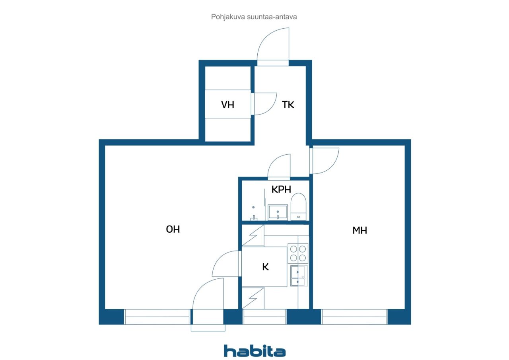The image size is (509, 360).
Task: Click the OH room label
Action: (x=173, y=229)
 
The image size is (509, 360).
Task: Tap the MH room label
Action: (x=360, y=230)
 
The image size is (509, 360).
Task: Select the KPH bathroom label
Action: (x=281, y=189)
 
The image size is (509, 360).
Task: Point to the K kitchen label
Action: (x=265, y=267)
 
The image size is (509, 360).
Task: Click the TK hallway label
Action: (x=288, y=105)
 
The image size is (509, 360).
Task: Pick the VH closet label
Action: (x=227, y=105)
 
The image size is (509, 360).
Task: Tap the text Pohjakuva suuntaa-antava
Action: (x=254, y=17)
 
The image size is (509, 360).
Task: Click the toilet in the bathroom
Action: (x=299, y=206)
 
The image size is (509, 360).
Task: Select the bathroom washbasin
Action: (x=278, y=212)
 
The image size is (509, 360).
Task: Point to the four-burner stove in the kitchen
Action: (x=298, y=253)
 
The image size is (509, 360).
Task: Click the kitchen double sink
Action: (x=299, y=276)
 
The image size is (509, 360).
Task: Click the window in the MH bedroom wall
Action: (x=354, y=317)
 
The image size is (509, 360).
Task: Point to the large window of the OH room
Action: (x=157, y=317)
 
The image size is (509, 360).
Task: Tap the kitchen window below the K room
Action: (x=264, y=317)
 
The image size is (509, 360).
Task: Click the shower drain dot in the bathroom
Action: (x=253, y=207)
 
